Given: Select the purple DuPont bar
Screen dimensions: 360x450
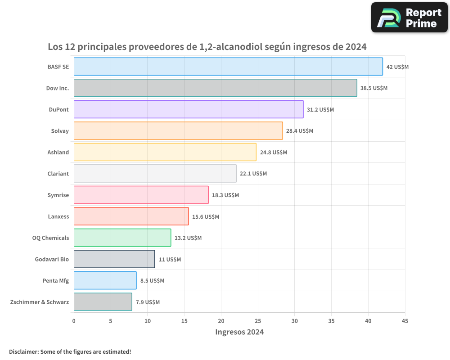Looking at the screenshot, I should pos(189,109).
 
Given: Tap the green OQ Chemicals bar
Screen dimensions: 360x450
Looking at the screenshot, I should pos(122,238).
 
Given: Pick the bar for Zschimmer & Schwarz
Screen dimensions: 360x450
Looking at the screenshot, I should pos(103,302).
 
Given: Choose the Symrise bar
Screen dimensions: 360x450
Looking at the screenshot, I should pos(141,195).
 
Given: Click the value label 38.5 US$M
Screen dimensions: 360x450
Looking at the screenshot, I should pos(373,88).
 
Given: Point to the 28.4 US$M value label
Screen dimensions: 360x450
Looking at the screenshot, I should pos(299,131).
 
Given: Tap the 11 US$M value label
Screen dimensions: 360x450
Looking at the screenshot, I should pos(170,259).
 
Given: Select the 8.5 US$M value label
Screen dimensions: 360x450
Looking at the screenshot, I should pos(152,281).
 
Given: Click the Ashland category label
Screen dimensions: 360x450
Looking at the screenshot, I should pos(58,152).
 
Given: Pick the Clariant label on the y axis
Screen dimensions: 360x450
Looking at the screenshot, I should pos(58,174).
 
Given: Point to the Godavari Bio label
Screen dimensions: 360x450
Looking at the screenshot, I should pos(52,259).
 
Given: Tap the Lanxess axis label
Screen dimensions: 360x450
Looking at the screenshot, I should pos(58,216).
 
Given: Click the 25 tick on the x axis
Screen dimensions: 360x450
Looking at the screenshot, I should pos(258,321).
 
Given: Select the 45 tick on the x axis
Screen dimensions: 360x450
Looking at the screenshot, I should pos(405,321).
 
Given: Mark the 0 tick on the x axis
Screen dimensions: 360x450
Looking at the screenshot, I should pos(74,321).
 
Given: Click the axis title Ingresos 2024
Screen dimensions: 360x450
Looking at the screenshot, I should pos(239,332).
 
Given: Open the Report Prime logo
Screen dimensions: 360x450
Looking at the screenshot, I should pos(409,18).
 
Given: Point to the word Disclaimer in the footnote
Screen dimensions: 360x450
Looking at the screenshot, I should pos(23,351).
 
